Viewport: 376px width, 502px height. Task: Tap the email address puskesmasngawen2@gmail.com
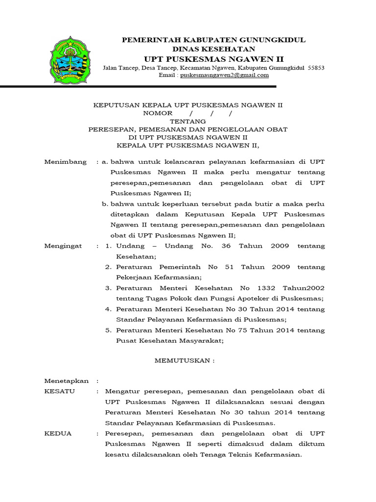pos(224,75)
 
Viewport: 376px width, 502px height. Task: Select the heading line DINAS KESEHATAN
pos(213,49)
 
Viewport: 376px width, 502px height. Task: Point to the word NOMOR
pos(158,113)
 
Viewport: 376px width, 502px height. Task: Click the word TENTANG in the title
pos(188,121)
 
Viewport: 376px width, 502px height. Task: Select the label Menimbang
pos(65,162)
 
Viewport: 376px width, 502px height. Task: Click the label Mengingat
pos(63,246)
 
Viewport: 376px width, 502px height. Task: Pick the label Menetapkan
pos(67,381)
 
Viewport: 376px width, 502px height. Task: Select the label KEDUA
pos(58,434)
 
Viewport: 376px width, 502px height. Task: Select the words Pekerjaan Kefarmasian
pos(157,277)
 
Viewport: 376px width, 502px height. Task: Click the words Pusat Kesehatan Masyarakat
pos(169,341)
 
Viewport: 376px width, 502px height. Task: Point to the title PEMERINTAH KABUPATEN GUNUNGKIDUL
pos(213,39)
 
